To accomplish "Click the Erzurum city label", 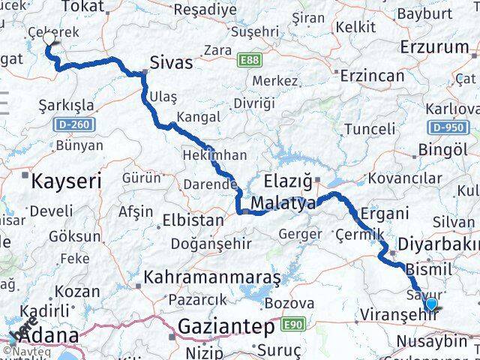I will click(x=434, y=47).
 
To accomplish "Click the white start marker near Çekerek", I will click(x=49, y=38).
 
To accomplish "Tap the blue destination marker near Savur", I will click(x=431, y=304).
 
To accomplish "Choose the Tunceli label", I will click(x=369, y=129).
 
